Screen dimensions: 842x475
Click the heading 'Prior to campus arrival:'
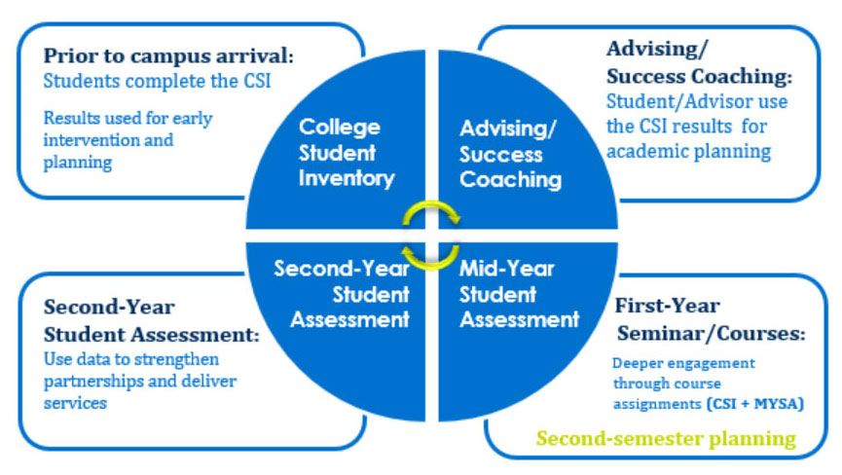click(168, 55)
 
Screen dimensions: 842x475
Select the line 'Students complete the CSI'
click(157, 81)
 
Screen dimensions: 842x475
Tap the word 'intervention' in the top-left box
click(86, 140)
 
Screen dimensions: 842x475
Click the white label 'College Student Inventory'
click(347, 153)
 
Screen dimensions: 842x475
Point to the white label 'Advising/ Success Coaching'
click(510, 154)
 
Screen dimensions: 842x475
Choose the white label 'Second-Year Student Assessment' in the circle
click(342, 294)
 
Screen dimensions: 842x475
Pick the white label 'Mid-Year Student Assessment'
click(519, 294)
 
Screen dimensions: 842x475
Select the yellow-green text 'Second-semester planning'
click(666, 439)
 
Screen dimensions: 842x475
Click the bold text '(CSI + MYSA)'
click(755, 403)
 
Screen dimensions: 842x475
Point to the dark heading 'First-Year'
click(667, 306)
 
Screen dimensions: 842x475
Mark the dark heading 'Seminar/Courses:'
click(711, 333)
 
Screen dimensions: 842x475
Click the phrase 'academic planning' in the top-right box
click(689, 151)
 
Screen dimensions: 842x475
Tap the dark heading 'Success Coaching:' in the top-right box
click(699, 76)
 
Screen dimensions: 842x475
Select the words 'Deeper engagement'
click(683, 363)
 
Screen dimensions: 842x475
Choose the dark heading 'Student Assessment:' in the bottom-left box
click(152, 335)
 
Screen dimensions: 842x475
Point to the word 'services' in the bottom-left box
click(75, 403)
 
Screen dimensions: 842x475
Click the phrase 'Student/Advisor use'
click(697, 101)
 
